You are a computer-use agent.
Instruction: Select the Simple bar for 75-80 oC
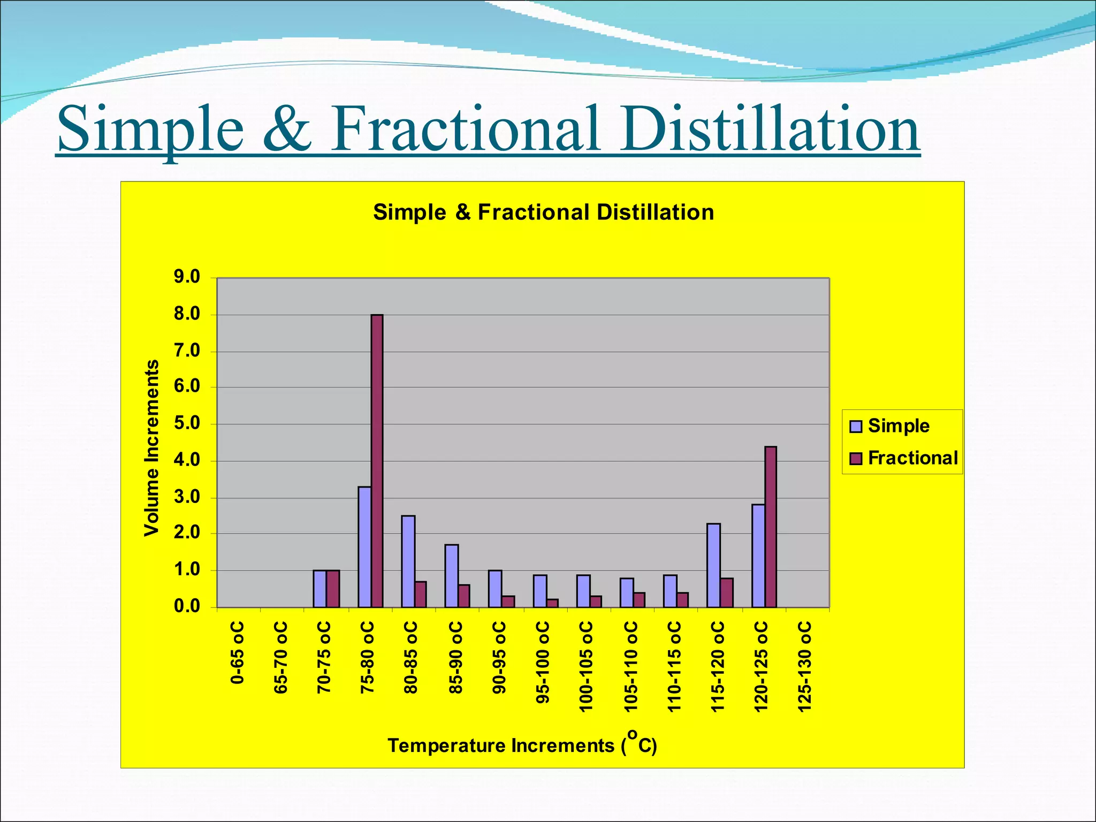tap(364, 546)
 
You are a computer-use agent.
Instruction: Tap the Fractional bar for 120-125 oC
tap(770, 527)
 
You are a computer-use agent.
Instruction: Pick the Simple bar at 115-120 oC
tap(713, 565)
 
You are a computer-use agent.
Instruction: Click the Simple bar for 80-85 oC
tap(408, 561)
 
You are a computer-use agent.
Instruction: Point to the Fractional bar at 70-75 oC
tap(333, 589)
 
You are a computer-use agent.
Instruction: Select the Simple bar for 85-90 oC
tap(451, 576)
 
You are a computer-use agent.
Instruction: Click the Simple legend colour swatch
tap(856, 427)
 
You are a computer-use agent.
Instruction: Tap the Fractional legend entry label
tap(912, 458)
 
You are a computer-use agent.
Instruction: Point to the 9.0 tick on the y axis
tap(187, 277)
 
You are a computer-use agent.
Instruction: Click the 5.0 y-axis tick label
tap(187, 423)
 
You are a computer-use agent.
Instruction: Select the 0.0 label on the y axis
tap(187, 607)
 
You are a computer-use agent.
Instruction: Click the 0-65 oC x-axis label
tap(237, 652)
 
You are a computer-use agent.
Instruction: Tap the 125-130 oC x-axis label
tap(804, 666)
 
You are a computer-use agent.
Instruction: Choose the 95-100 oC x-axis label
tap(542, 662)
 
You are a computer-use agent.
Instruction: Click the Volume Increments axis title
tap(152, 447)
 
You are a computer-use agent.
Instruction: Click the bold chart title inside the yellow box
tap(543, 212)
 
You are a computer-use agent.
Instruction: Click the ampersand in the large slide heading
tap(287, 130)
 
